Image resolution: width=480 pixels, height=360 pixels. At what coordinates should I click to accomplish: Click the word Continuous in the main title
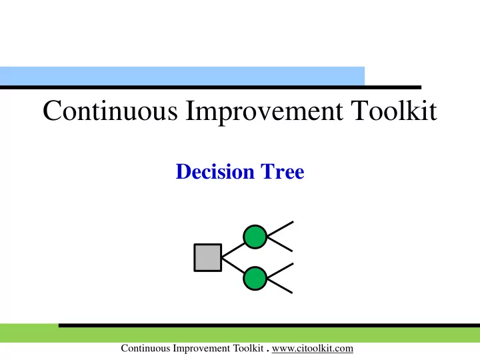pos(110,110)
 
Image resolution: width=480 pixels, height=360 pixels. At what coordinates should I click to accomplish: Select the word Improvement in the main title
pos(264,111)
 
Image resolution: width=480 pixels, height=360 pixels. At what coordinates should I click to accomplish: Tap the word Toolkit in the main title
pos(394,110)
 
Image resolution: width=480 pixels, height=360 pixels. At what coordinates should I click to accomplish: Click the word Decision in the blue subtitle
pos(215,171)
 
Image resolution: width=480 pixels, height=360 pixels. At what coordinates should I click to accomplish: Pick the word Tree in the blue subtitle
pos(282,171)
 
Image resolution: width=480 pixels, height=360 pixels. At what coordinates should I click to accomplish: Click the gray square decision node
pos(208,257)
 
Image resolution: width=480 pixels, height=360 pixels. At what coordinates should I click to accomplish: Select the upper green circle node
pos(255,237)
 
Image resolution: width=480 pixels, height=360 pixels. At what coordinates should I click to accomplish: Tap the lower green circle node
pos(255,278)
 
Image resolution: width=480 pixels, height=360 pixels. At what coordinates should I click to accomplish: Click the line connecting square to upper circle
pos(233,250)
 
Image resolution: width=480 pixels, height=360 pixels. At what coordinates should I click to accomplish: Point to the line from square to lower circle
pos(233,265)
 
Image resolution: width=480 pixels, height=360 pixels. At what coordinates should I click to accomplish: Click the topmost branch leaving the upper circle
pos(280,229)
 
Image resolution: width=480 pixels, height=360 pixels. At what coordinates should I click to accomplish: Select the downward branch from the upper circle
pos(280,244)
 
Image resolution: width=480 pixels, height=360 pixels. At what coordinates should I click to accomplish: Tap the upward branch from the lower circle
pos(280,271)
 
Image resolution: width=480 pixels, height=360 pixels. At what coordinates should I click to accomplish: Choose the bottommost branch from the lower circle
pos(280,286)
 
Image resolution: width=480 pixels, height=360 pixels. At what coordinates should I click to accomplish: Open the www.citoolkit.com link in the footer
pos(313,349)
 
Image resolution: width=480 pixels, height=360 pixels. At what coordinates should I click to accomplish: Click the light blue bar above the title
pos(182,76)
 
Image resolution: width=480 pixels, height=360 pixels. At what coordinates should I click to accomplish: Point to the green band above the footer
pos(240,334)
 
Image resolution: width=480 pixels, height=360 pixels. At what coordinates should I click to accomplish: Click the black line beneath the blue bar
pos(211,87)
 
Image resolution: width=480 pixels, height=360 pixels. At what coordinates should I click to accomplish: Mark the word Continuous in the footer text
pos(145,349)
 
